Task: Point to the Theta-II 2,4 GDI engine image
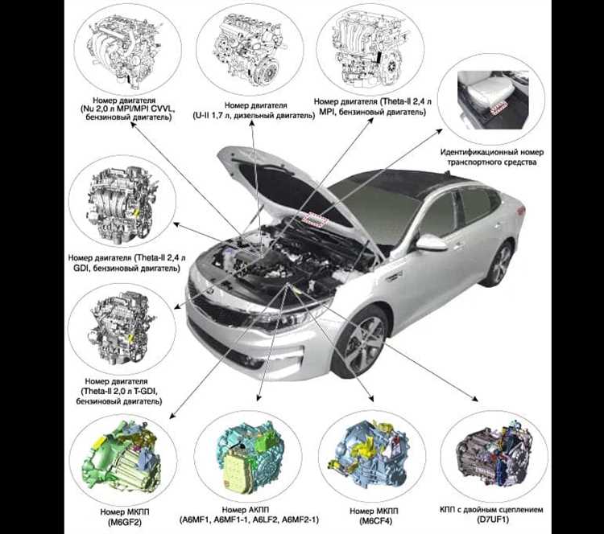123,205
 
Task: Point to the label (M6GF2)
125,523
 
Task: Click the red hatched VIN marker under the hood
314,219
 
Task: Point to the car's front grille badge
211,293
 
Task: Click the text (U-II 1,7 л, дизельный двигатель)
254,116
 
